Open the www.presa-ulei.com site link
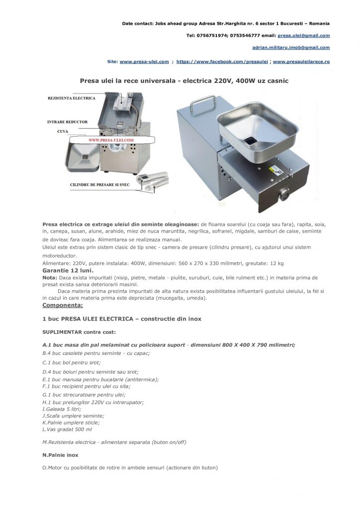pos(144,62)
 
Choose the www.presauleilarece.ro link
pos(301,62)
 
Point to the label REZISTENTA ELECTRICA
pos(71,98)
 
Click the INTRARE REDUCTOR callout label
pos(67,122)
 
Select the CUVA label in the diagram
pos(63,132)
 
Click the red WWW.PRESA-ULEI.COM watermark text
pos(111,141)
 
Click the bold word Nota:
pos(50,277)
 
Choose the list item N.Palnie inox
pos(60,455)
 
